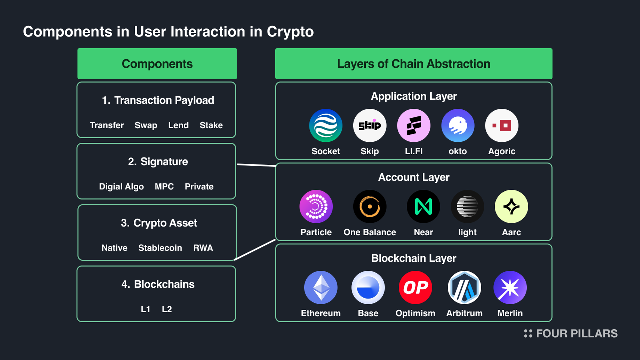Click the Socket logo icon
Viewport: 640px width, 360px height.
[x=325, y=125]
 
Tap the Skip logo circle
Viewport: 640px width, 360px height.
[x=370, y=125]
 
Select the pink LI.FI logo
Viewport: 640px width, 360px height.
[x=413, y=125]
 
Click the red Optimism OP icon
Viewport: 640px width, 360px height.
[x=415, y=287]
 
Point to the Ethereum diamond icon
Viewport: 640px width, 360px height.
[x=321, y=287]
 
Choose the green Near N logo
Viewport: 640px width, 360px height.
[x=423, y=206]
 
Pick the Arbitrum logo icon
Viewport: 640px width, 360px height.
[x=464, y=287]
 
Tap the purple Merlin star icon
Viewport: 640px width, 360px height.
[x=510, y=287]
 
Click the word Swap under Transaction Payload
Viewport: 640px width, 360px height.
[x=146, y=125]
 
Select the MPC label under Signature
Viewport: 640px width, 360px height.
[x=164, y=187]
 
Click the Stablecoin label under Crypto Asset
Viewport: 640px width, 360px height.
[x=160, y=248]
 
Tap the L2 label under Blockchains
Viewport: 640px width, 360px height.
[x=167, y=309]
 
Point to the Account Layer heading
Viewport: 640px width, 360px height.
[x=413, y=177]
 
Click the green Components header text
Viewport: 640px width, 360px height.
[x=157, y=64]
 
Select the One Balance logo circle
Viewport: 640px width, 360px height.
[x=370, y=206]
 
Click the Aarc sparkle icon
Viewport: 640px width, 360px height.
[x=511, y=206]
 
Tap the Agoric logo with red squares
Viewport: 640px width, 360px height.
[x=501, y=125]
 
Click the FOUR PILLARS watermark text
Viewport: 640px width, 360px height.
[x=576, y=333]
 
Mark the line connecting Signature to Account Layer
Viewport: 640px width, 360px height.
[x=256, y=165]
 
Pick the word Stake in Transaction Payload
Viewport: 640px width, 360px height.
[x=211, y=125]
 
